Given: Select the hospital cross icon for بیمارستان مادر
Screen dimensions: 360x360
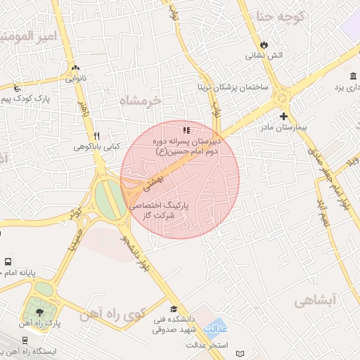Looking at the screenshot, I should (283, 116).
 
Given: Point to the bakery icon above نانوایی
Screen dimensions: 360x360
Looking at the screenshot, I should (75, 67).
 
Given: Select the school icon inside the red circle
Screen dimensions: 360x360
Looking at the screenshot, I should (186, 129).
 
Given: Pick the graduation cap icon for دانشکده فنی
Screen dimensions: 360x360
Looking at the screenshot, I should (174, 308).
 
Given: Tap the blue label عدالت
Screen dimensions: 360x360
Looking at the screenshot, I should (214, 329).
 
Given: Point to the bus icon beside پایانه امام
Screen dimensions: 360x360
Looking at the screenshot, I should (8, 261).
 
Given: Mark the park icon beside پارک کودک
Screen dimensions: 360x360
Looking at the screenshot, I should (16, 89).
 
